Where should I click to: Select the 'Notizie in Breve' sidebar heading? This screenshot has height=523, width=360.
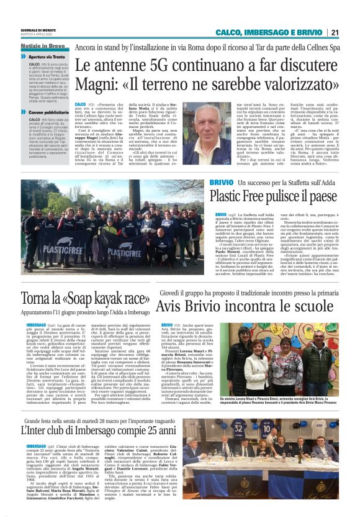click(42, 47)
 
